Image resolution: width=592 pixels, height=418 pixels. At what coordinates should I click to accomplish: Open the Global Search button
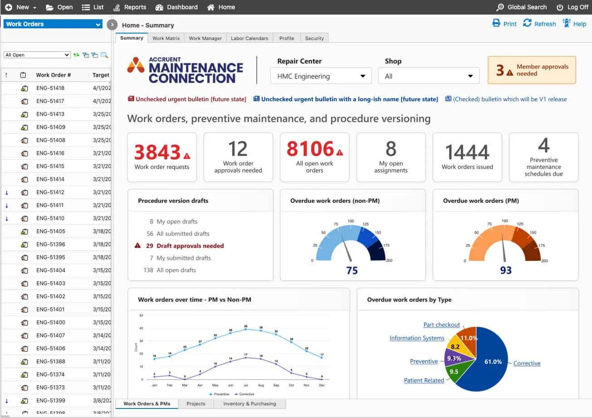(x=522, y=7)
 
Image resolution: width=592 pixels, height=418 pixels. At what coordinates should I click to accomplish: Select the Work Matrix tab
(x=166, y=38)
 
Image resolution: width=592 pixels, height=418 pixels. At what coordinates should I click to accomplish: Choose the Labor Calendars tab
(x=250, y=38)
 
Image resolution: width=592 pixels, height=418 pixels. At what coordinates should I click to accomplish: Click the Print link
(x=504, y=24)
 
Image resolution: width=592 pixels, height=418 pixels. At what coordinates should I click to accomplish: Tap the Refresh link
(x=539, y=24)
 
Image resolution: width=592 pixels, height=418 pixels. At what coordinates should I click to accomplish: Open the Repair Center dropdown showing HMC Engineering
(x=321, y=76)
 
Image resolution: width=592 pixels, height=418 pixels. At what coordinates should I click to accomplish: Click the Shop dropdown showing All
(x=428, y=76)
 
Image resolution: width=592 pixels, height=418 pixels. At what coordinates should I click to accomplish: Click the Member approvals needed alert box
(x=532, y=70)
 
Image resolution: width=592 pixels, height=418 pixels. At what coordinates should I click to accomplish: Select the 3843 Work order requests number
(x=157, y=152)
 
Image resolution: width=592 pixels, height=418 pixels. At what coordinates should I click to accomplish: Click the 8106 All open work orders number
(x=310, y=148)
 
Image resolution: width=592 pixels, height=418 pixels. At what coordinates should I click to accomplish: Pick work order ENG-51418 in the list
(x=50, y=88)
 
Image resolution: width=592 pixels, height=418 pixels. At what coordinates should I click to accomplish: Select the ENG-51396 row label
(x=50, y=244)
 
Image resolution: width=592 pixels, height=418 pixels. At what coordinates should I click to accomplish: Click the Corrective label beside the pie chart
(x=527, y=364)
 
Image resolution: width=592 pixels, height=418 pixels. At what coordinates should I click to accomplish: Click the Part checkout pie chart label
(x=441, y=325)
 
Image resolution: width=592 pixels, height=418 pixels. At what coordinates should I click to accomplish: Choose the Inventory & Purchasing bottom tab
(x=250, y=403)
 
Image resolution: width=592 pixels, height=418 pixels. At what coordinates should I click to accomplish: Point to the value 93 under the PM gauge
(x=505, y=270)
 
